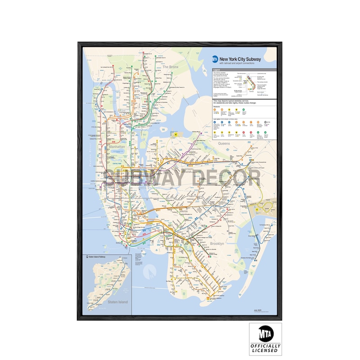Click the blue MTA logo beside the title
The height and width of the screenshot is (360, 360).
216,58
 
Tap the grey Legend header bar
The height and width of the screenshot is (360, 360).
244,70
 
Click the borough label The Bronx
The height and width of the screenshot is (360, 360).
171,67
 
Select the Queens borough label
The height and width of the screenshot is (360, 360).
224,144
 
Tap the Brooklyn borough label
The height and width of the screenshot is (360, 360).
216,243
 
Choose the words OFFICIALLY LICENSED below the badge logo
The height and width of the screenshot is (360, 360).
265,348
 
